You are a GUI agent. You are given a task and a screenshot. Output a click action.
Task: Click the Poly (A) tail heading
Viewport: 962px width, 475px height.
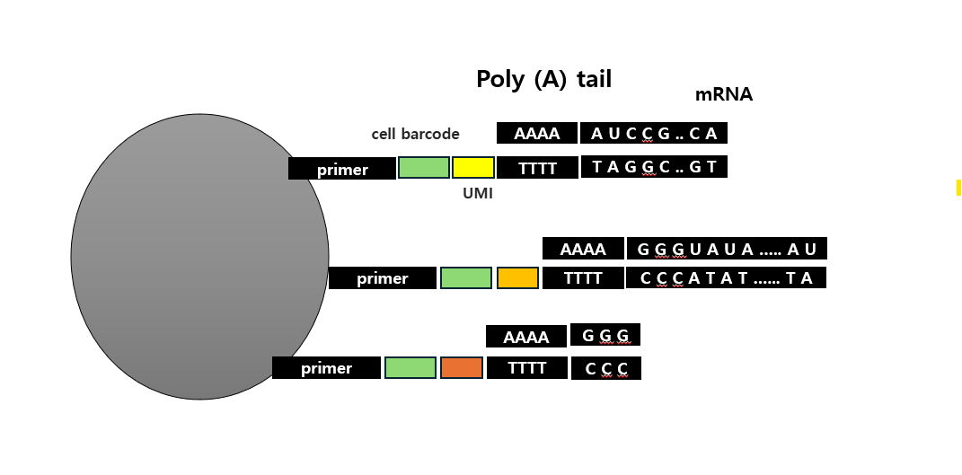tap(543, 79)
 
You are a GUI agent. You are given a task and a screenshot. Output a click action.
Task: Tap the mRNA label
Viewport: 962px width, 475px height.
tap(723, 94)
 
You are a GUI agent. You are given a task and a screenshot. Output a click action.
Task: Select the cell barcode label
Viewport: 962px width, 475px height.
tap(415, 134)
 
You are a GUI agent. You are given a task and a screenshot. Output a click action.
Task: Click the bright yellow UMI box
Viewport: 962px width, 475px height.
tap(472, 168)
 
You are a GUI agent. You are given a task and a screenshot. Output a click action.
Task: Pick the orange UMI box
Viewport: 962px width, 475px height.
tap(461, 368)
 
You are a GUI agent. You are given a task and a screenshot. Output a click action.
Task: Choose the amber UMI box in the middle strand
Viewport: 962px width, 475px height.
tap(517, 278)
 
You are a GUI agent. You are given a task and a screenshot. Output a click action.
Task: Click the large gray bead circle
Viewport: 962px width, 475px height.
tap(199, 257)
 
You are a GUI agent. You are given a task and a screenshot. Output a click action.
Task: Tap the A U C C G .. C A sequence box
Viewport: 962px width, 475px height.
tap(654, 134)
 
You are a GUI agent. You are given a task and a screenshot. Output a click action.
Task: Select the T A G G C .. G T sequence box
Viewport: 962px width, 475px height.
tap(654, 167)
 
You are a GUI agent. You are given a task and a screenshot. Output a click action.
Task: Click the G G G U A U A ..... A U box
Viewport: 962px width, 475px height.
tap(726, 249)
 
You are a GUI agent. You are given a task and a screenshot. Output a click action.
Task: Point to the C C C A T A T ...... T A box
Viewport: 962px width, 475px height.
tap(726, 278)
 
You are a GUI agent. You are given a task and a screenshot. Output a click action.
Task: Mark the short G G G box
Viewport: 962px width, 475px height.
tap(605, 336)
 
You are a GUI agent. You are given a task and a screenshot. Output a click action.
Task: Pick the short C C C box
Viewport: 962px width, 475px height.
tap(605, 368)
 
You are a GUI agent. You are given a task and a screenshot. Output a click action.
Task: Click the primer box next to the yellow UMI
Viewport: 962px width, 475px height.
tap(341, 169)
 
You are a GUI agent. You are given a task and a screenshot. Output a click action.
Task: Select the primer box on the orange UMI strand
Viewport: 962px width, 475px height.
tap(326, 368)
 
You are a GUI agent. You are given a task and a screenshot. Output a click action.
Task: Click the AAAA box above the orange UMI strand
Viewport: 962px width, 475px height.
tap(525, 337)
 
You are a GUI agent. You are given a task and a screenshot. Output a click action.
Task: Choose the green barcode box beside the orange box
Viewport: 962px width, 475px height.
tap(410, 368)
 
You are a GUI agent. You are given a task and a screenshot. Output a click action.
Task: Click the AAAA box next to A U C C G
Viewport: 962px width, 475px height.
tap(536, 134)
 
